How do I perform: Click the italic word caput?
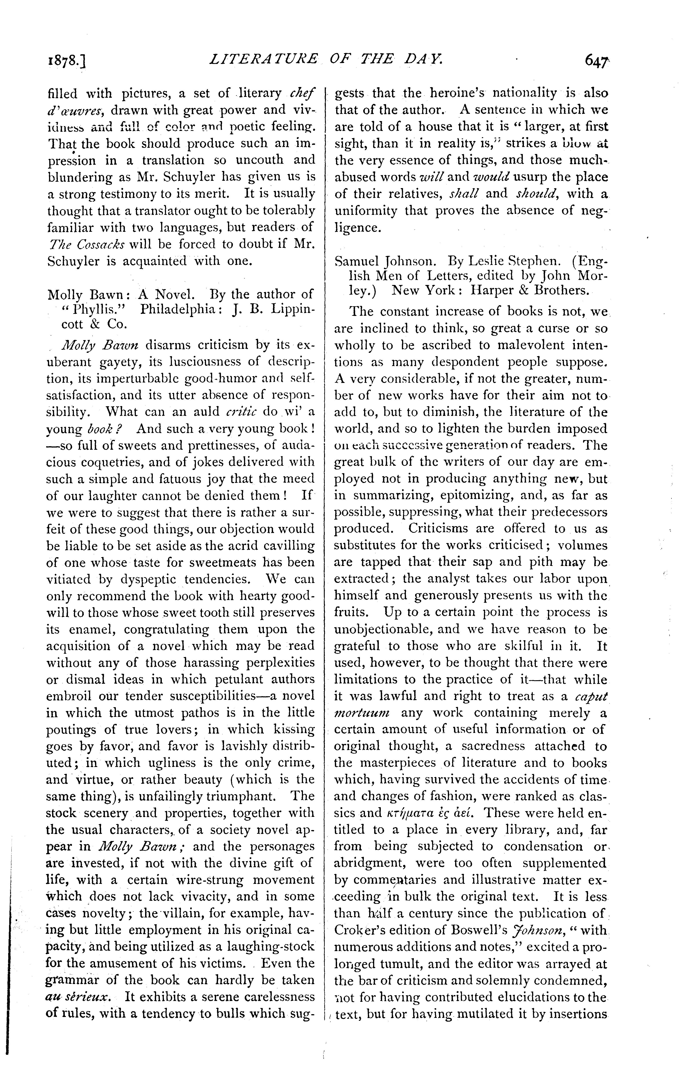(x=591, y=696)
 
